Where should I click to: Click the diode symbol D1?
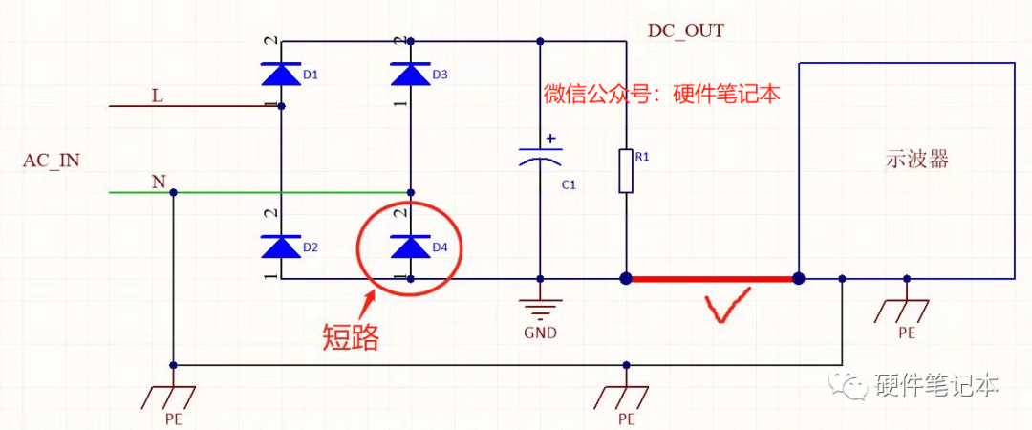tap(281, 75)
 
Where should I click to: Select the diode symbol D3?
tap(410, 75)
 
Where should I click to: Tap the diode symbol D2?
tap(281, 247)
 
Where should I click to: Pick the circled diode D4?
tap(410, 247)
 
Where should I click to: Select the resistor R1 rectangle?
tap(625, 171)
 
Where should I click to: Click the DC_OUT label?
tap(685, 31)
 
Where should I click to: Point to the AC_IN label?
tap(51, 161)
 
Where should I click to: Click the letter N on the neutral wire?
tap(158, 181)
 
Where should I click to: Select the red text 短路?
tap(350, 336)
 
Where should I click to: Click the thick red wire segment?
tap(711, 279)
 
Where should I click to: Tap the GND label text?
tap(540, 333)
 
